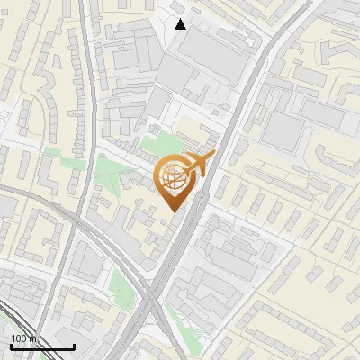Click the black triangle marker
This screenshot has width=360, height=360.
tap(181, 24)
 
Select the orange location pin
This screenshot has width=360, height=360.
tap(175, 181)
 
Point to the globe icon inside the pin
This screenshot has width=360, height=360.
tap(174, 178)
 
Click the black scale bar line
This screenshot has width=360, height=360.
tap(41, 347)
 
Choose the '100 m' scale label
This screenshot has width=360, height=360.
tap(23, 338)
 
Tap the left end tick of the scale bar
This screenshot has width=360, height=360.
tap(10, 346)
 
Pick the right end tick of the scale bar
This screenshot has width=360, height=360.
tap(74, 346)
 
